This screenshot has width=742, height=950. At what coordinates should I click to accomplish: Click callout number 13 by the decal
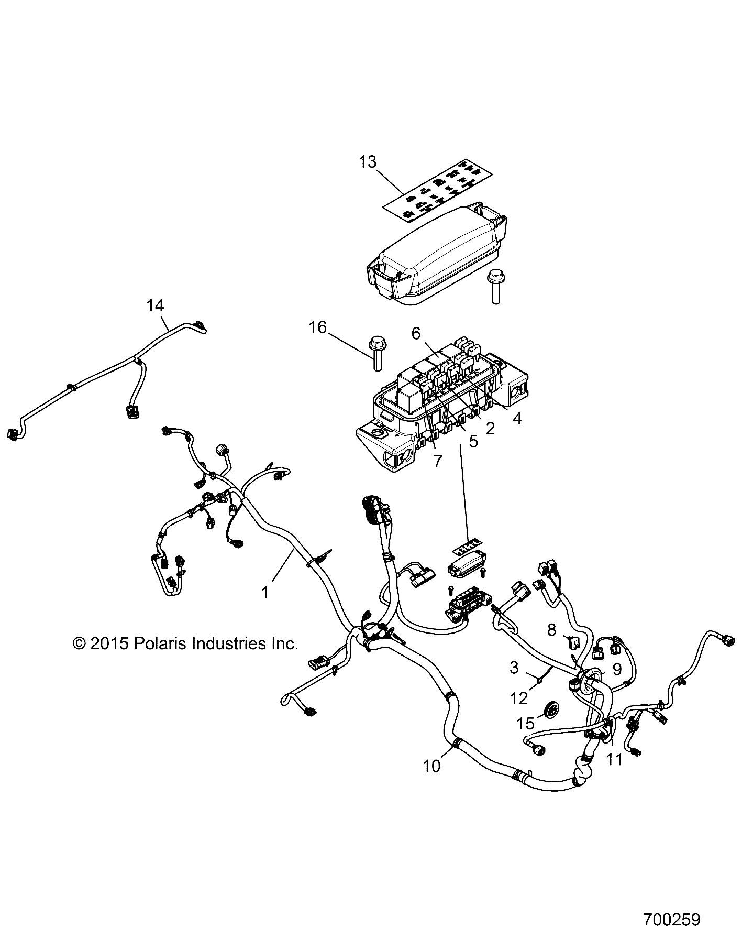tap(368, 162)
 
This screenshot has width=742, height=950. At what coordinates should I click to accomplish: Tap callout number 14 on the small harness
tap(155, 305)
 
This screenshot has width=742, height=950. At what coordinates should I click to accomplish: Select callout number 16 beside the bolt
tap(317, 327)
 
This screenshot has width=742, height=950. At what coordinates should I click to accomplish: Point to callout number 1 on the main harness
tap(265, 593)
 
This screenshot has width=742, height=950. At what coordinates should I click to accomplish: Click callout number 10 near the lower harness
tap(432, 766)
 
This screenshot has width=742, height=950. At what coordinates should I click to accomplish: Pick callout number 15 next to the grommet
tap(526, 723)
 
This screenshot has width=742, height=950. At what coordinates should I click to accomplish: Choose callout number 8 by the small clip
tap(551, 629)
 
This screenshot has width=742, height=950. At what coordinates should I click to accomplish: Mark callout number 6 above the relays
tap(416, 333)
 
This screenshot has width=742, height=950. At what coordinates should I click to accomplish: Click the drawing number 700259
tap(672, 919)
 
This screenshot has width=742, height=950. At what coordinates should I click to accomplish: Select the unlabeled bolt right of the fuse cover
tap(494, 285)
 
